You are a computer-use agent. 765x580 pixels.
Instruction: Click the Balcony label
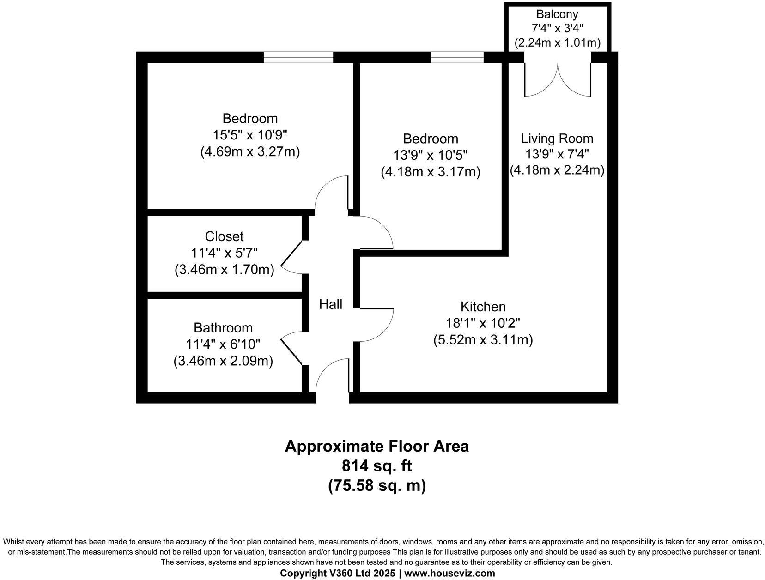(557, 14)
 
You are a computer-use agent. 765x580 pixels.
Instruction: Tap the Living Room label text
(557, 138)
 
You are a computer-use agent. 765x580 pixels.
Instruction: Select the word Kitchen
(483, 307)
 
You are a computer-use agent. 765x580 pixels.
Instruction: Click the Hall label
(331, 304)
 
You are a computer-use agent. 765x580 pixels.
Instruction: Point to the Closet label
(224, 236)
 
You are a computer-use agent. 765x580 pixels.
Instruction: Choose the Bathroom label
(223, 328)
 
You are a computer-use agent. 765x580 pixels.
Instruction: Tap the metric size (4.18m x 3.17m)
(431, 172)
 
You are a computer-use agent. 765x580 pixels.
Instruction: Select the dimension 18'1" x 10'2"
(483, 323)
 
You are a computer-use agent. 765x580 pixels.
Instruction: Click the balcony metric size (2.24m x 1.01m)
(557, 43)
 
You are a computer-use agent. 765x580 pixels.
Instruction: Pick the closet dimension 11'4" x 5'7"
(224, 253)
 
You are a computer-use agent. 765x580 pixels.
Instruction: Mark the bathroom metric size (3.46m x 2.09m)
(223, 361)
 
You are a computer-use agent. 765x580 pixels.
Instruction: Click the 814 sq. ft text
(376, 465)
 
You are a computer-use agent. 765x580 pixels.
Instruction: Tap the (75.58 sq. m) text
(376, 486)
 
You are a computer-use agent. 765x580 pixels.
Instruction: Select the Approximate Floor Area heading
(376, 446)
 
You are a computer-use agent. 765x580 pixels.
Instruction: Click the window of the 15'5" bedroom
(298, 57)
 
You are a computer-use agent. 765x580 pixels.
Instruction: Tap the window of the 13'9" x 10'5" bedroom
(457, 57)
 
